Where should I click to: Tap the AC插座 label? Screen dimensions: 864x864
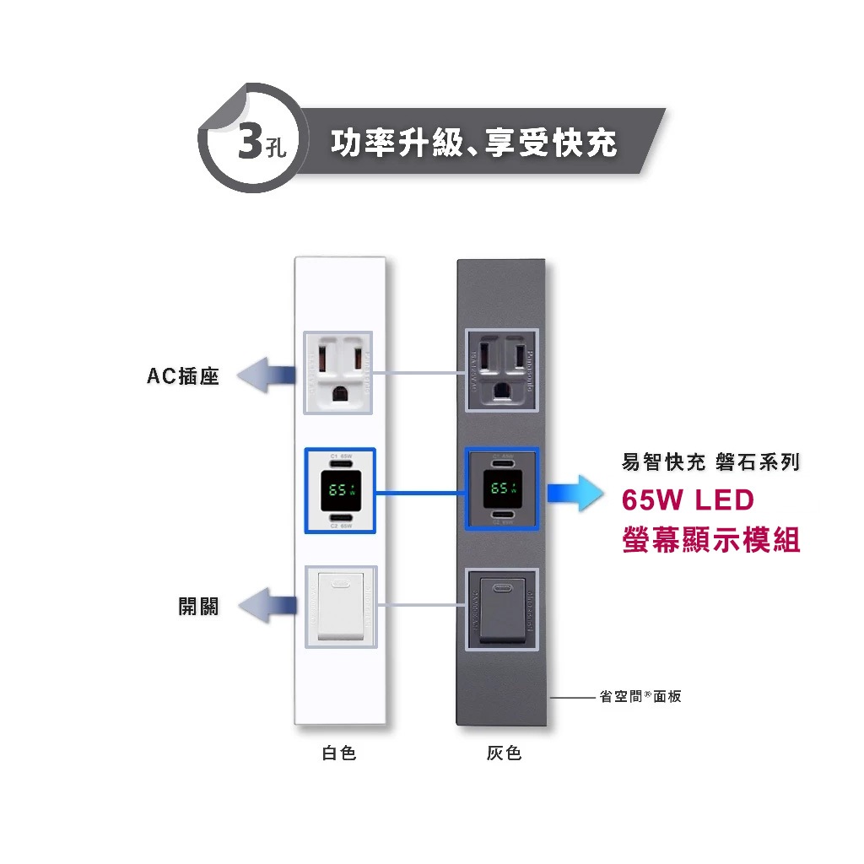[x=183, y=376]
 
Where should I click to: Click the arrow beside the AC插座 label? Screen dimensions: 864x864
[x=265, y=373]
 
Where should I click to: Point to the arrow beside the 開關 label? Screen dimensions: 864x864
[x=267, y=605]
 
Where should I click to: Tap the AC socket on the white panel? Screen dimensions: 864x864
[x=339, y=371]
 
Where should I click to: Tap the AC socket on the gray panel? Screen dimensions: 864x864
[x=503, y=371]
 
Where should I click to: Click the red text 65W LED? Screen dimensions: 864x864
[x=687, y=500]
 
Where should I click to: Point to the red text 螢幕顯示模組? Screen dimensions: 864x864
[x=710, y=539]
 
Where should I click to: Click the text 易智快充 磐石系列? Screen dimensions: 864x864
[x=710, y=462]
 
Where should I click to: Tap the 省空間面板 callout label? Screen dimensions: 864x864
[x=640, y=697]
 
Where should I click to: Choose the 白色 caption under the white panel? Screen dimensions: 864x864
[x=339, y=753]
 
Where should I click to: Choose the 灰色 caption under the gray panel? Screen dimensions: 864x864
[x=504, y=753]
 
